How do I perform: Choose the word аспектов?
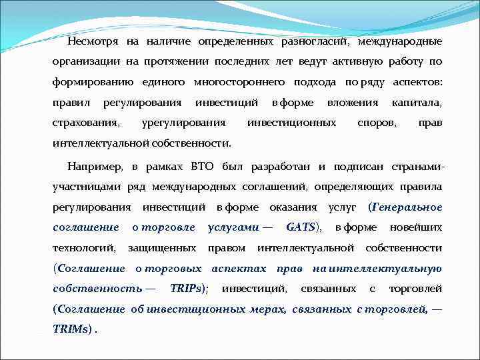(417, 82)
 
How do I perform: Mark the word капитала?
(417, 103)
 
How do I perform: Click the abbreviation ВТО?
(203, 165)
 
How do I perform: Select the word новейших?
(416, 227)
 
